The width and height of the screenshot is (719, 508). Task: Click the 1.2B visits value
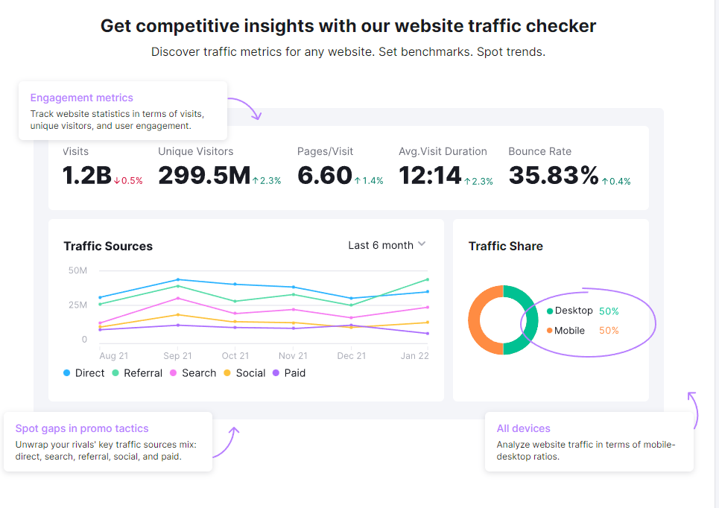[86, 176]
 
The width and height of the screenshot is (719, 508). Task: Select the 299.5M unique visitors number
[204, 176]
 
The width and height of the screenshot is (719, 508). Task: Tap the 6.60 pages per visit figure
[325, 176]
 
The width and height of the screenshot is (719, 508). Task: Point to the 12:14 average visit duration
[430, 176]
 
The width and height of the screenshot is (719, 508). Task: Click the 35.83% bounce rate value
[554, 176]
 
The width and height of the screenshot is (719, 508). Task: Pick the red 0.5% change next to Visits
[128, 181]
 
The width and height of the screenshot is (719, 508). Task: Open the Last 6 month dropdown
[387, 245]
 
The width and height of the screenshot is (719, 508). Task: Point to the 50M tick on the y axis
[77, 270]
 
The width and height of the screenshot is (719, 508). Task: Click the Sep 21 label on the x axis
[177, 356]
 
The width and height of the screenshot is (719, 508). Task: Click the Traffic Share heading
[505, 247]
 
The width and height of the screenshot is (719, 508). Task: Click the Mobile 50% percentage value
[609, 331]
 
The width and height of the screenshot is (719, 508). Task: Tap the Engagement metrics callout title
[82, 98]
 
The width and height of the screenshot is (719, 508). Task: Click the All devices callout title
[524, 428]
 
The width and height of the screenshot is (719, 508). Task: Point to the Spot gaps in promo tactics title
[82, 428]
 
